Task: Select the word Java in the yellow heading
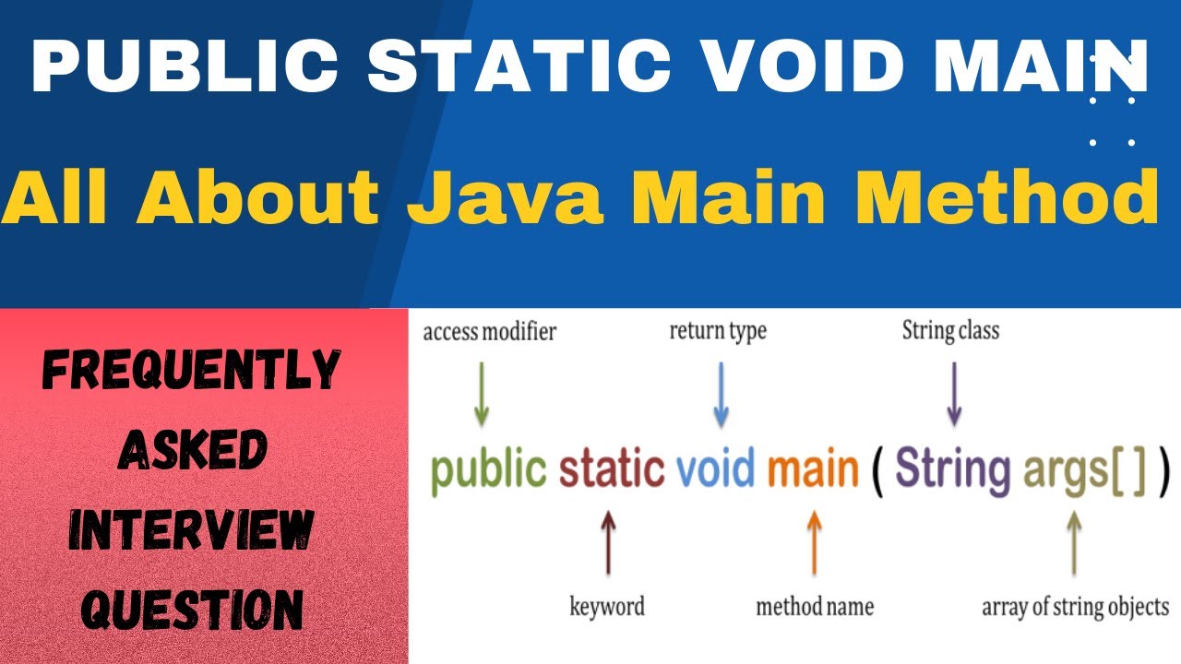(x=507, y=197)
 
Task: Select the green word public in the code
(x=488, y=469)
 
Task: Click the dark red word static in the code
(x=611, y=469)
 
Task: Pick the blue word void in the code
(x=715, y=469)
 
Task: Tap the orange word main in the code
(x=813, y=469)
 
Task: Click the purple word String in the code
(x=952, y=469)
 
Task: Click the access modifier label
(x=489, y=332)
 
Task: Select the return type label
(x=718, y=330)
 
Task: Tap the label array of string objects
(x=1075, y=607)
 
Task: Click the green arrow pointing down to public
(x=480, y=394)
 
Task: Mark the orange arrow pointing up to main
(x=814, y=543)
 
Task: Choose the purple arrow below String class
(x=954, y=394)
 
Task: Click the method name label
(x=814, y=607)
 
